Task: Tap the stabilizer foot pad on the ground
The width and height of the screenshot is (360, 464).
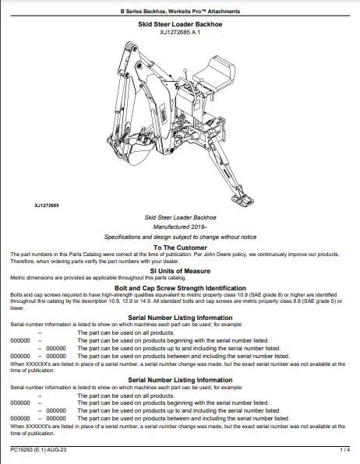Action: pyautogui.click(x=242, y=199)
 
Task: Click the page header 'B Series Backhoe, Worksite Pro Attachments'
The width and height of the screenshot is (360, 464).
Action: pyautogui.click(x=180, y=11)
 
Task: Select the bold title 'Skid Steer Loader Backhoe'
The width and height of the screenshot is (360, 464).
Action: pyautogui.click(x=180, y=24)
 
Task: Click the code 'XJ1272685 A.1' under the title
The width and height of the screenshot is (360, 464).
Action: pyautogui.click(x=180, y=32)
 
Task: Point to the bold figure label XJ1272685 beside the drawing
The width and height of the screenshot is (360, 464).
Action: pyautogui.click(x=47, y=206)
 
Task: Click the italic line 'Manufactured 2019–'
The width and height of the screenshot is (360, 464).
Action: pyautogui.click(x=180, y=227)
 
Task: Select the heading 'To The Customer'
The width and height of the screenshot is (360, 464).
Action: pyautogui.click(x=180, y=248)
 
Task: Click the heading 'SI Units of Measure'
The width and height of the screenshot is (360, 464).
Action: pyautogui.click(x=180, y=271)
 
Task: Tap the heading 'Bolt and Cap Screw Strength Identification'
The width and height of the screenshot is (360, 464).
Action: pyautogui.click(x=180, y=288)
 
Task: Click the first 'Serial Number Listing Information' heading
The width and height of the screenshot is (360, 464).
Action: pyautogui.click(x=180, y=318)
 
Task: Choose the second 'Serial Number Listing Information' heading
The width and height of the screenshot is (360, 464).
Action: pyautogui.click(x=180, y=380)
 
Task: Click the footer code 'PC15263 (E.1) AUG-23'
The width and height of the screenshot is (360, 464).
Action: pyautogui.click(x=38, y=450)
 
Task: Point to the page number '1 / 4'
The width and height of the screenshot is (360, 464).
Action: pyautogui.click(x=345, y=450)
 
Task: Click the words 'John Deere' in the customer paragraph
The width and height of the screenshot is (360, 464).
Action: pyautogui.click(x=220, y=255)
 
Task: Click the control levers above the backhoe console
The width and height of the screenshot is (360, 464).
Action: pyautogui.click(x=186, y=78)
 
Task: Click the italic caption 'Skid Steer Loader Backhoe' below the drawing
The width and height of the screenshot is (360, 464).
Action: pyautogui.click(x=180, y=217)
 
